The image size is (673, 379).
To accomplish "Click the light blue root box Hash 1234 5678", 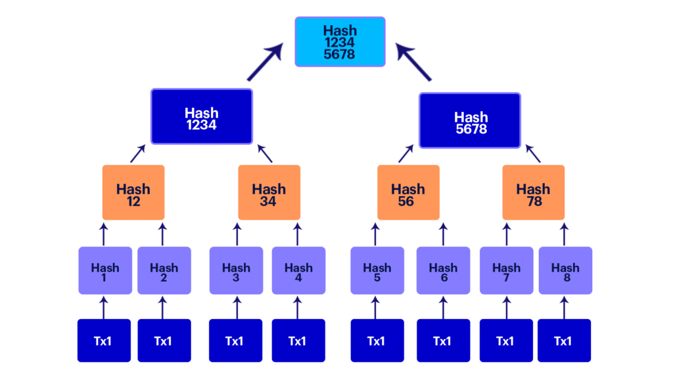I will (x=340, y=41).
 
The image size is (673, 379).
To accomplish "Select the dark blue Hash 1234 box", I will (x=202, y=116).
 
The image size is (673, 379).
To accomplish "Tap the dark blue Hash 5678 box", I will (x=470, y=120).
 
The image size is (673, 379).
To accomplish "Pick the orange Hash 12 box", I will (x=133, y=192).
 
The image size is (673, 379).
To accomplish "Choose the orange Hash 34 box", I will (x=269, y=192).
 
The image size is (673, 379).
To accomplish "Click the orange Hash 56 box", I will (x=407, y=192).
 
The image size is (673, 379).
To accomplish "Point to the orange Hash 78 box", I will (x=533, y=192).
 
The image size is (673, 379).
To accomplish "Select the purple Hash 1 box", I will (x=105, y=270).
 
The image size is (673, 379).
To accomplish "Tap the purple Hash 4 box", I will (x=298, y=270).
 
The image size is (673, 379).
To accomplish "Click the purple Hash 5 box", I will (x=377, y=270).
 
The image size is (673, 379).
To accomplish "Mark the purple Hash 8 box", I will (x=565, y=270).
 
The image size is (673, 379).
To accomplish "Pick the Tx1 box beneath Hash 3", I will (x=235, y=340).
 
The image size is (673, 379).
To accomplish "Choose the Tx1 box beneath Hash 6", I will (x=443, y=340).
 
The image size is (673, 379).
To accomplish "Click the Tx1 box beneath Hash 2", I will (x=164, y=340).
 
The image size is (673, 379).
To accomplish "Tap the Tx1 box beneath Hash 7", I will (x=505, y=340).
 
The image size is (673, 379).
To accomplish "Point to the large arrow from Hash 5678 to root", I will (x=415, y=62).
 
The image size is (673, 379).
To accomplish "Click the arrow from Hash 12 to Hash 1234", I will (x=137, y=154).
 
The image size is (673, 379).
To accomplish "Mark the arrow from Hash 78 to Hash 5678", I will (x=533, y=154).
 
